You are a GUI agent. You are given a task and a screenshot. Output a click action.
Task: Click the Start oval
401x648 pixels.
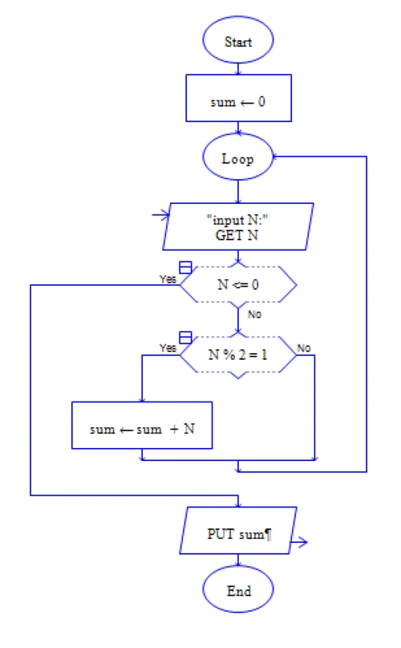[x=238, y=42]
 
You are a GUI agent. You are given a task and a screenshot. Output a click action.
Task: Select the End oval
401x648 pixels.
[x=238, y=591]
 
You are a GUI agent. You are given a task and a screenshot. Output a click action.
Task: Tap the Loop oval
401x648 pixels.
[x=238, y=158]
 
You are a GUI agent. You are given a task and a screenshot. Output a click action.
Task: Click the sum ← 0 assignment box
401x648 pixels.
[x=238, y=103]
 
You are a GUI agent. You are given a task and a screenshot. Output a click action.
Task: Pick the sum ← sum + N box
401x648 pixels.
[x=142, y=429]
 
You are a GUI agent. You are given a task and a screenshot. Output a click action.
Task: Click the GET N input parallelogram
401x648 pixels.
[x=238, y=230]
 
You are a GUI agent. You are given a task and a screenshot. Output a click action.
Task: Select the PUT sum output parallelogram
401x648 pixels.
[x=238, y=535]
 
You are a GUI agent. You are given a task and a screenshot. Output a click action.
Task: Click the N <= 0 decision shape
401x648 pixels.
[x=238, y=283]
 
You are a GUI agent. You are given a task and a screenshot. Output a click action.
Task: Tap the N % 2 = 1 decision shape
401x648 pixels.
[x=238, y=355]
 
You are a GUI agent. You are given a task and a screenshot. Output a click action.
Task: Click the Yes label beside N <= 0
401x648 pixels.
[x=168, y=279]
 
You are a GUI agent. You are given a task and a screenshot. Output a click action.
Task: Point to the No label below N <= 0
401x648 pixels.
[x=254, y=314]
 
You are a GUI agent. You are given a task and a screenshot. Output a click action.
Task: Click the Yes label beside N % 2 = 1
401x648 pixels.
[x=168, y=348]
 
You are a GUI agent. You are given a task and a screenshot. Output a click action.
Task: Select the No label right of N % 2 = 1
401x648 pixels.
[x=305, y=348]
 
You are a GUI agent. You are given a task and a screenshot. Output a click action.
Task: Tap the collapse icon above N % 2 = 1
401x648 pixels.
[x=184, y=336]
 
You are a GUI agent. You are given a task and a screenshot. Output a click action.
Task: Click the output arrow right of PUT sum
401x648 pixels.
[x=301, y=544]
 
